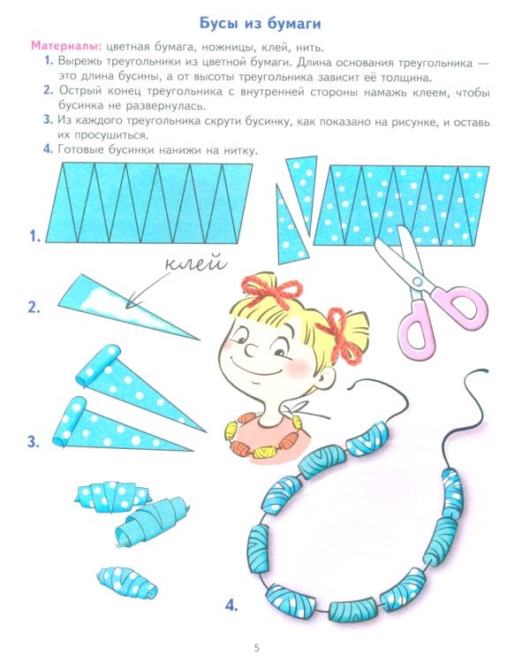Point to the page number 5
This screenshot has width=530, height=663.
257,648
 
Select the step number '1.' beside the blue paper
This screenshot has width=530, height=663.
34,236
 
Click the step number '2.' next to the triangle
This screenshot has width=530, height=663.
34,308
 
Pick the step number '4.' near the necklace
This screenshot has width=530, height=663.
231,606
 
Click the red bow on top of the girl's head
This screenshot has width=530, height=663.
269,287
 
